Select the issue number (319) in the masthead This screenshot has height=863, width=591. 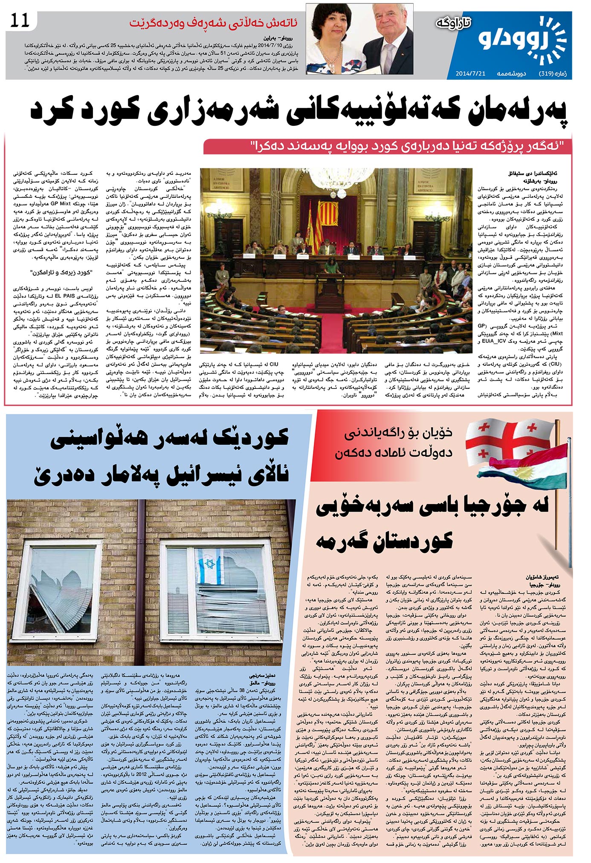[548, 73]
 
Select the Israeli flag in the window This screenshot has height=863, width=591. [209, 567]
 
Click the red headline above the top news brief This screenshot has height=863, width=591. [214, 23]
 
